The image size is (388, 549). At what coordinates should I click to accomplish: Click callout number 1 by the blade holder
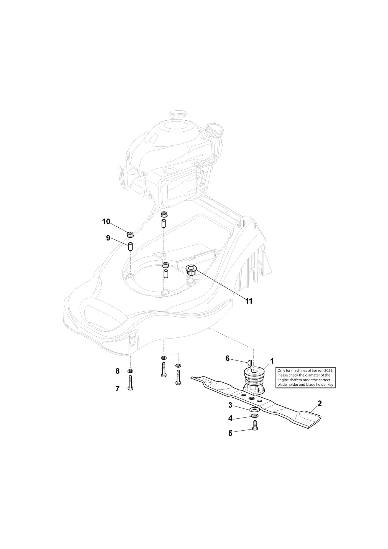(272, 361)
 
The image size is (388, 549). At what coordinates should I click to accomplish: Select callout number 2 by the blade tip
(320, 403)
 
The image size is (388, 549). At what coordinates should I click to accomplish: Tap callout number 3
(230, 405)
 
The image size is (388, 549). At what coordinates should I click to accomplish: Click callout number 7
(117, 389)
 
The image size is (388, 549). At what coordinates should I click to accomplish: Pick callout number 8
(117, 371)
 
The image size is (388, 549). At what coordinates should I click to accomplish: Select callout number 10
(106, 222)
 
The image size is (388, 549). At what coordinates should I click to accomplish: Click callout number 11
(249, 301)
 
